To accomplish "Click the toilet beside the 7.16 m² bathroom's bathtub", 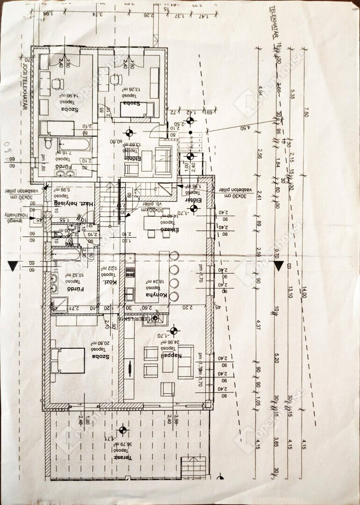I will (x=48, y=142).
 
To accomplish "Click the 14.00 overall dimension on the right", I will (x=304, y=293).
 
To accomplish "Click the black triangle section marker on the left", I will (x=13, y=266).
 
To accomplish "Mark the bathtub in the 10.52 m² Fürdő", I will (x=66, y=255).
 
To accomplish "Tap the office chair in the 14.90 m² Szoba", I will (x=58, y=84).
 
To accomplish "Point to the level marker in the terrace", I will (x=123, y=430).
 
